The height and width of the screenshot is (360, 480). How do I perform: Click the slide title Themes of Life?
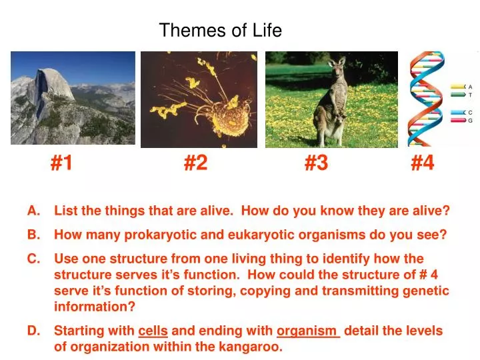point(220,30)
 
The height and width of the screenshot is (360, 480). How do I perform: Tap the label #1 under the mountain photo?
point(61,163)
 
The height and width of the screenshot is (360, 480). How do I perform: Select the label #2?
point(195,163)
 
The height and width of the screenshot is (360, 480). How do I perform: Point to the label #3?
point(316,163)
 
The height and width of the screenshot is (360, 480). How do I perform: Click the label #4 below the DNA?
point(422,163)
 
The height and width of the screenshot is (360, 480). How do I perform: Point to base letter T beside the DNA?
point(471,95)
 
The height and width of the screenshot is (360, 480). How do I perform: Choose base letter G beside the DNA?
point(471,121)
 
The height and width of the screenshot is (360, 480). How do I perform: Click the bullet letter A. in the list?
point(34,211)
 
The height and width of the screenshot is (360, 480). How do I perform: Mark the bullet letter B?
point(34,235)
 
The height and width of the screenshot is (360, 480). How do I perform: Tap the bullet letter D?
point(34,331)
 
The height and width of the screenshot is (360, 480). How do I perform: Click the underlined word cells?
point(153,331)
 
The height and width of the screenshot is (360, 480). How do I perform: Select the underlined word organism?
point(307,331)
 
